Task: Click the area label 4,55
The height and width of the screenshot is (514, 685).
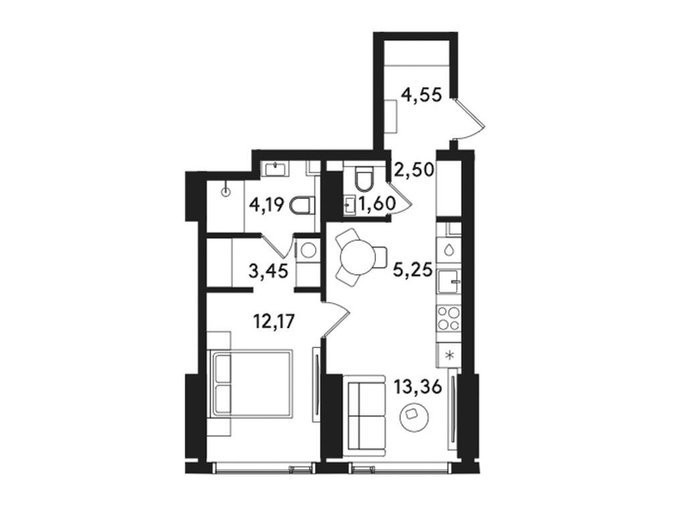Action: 421,95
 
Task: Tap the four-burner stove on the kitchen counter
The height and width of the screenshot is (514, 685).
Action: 448,318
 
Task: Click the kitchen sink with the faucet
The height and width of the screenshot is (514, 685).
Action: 448,281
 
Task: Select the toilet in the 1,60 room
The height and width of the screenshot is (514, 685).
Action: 365,177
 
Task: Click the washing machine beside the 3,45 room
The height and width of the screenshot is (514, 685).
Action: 308,250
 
